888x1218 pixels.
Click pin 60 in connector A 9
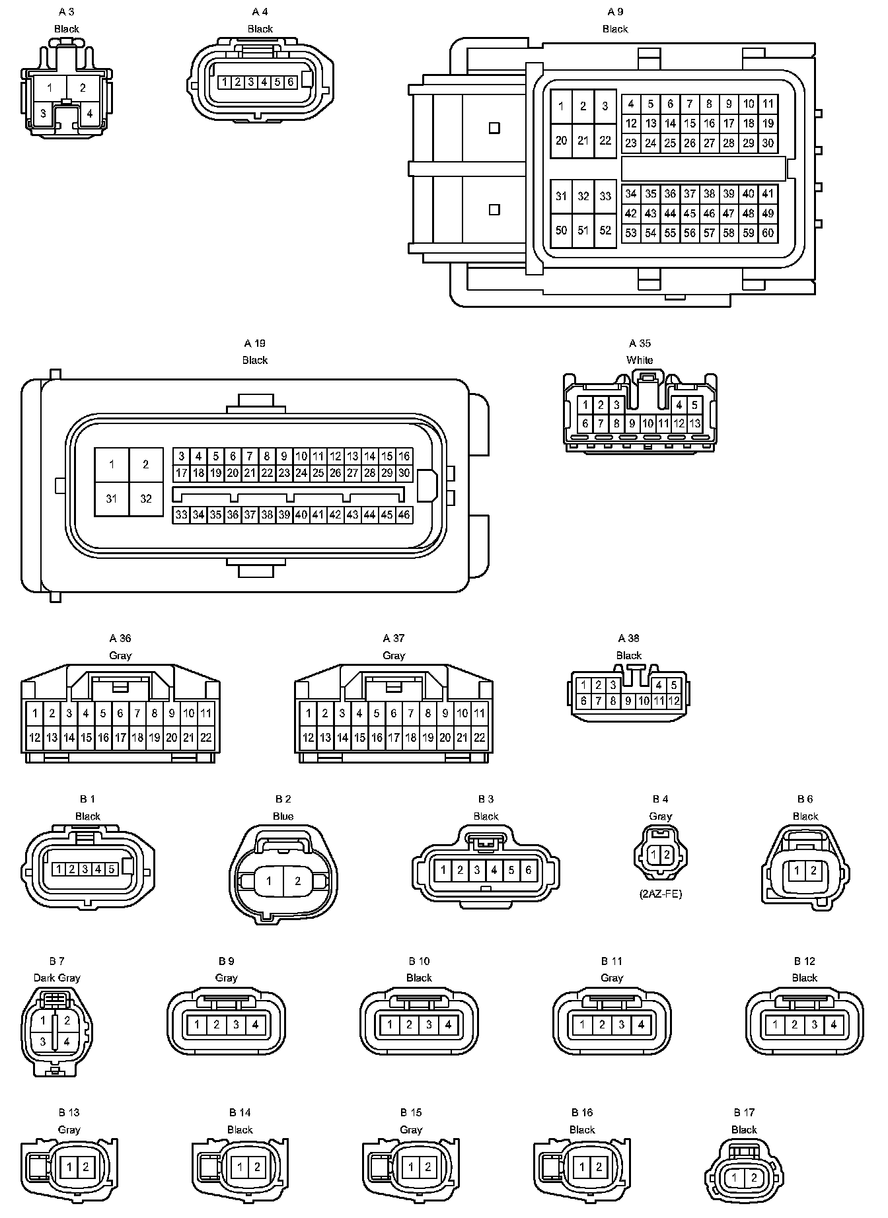(767, 233)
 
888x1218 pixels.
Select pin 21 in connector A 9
(583, 141)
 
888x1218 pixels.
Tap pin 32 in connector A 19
(146, 499)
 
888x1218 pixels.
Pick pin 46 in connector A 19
(404, 515)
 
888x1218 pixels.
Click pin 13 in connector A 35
(695, 423)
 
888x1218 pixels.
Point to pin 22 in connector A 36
(205, 738)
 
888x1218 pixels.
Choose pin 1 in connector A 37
(308, 713)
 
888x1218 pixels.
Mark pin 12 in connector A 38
(674, 701)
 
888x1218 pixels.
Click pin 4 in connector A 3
(90, 113)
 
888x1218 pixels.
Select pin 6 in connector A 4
(291, 83)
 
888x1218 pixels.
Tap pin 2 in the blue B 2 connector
(298, 880)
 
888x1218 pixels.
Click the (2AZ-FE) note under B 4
(660, 894)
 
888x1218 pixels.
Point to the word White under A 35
(640, 360)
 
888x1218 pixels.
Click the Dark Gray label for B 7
(57, 978)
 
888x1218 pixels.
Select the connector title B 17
(744, 1113)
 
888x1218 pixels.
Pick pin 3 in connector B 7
(43, 1042)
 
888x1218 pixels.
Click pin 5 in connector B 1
(111, 869)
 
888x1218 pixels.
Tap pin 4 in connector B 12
(834, 1025)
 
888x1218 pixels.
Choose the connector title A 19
(254, 343)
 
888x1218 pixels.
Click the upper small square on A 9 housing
(494, 128)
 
